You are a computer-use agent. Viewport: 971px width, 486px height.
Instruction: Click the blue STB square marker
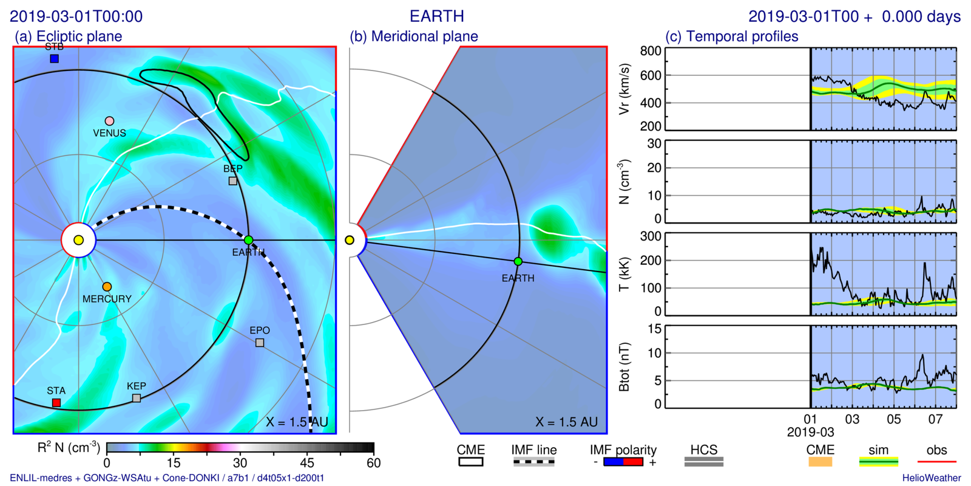pos(54,58)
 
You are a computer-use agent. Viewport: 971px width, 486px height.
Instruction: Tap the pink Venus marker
pos(109,121)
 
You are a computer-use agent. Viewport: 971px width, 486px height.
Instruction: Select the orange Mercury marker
pos(107,287)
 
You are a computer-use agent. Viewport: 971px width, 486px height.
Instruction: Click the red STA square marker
pos(56,403)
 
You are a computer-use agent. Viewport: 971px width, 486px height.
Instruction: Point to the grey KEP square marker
pos(137,398)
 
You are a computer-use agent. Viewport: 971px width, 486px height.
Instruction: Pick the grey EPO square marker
pos(260,343)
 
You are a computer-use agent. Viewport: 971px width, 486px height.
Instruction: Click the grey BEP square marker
pos(232,180)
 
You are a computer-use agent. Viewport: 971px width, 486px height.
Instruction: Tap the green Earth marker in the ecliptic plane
pos(248,240)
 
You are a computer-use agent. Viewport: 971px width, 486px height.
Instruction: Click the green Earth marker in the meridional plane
pos(518,261)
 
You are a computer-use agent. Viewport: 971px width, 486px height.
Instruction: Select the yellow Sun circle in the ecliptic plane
pos(78,240)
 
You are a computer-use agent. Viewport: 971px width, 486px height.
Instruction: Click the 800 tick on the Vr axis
pos(651,51)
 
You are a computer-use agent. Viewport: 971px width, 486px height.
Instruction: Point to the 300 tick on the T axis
pos(651,236)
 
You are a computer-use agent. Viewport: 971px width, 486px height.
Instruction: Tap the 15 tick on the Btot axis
pos(654,329)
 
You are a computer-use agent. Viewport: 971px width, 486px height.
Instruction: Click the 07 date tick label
pos(935,419)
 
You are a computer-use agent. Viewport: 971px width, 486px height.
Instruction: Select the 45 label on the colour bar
pos(307,463)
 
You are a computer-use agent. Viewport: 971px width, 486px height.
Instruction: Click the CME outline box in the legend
pos(470,462)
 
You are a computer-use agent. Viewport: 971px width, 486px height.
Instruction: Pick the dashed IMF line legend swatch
pos(533,462)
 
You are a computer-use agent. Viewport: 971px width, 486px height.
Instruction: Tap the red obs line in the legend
pos(936,462)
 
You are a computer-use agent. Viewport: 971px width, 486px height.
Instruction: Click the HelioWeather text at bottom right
pos(931,478)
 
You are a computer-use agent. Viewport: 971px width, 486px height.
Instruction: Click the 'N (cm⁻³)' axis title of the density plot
pos(623,181)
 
